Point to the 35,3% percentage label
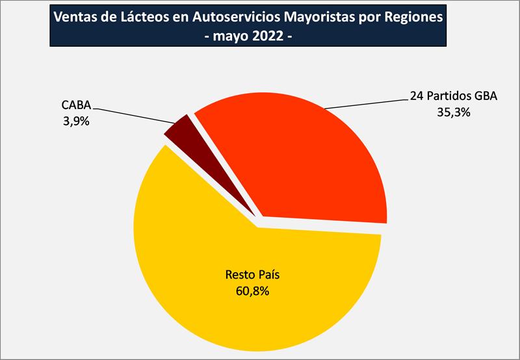coord(454,112)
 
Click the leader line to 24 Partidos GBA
coord(364,103)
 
